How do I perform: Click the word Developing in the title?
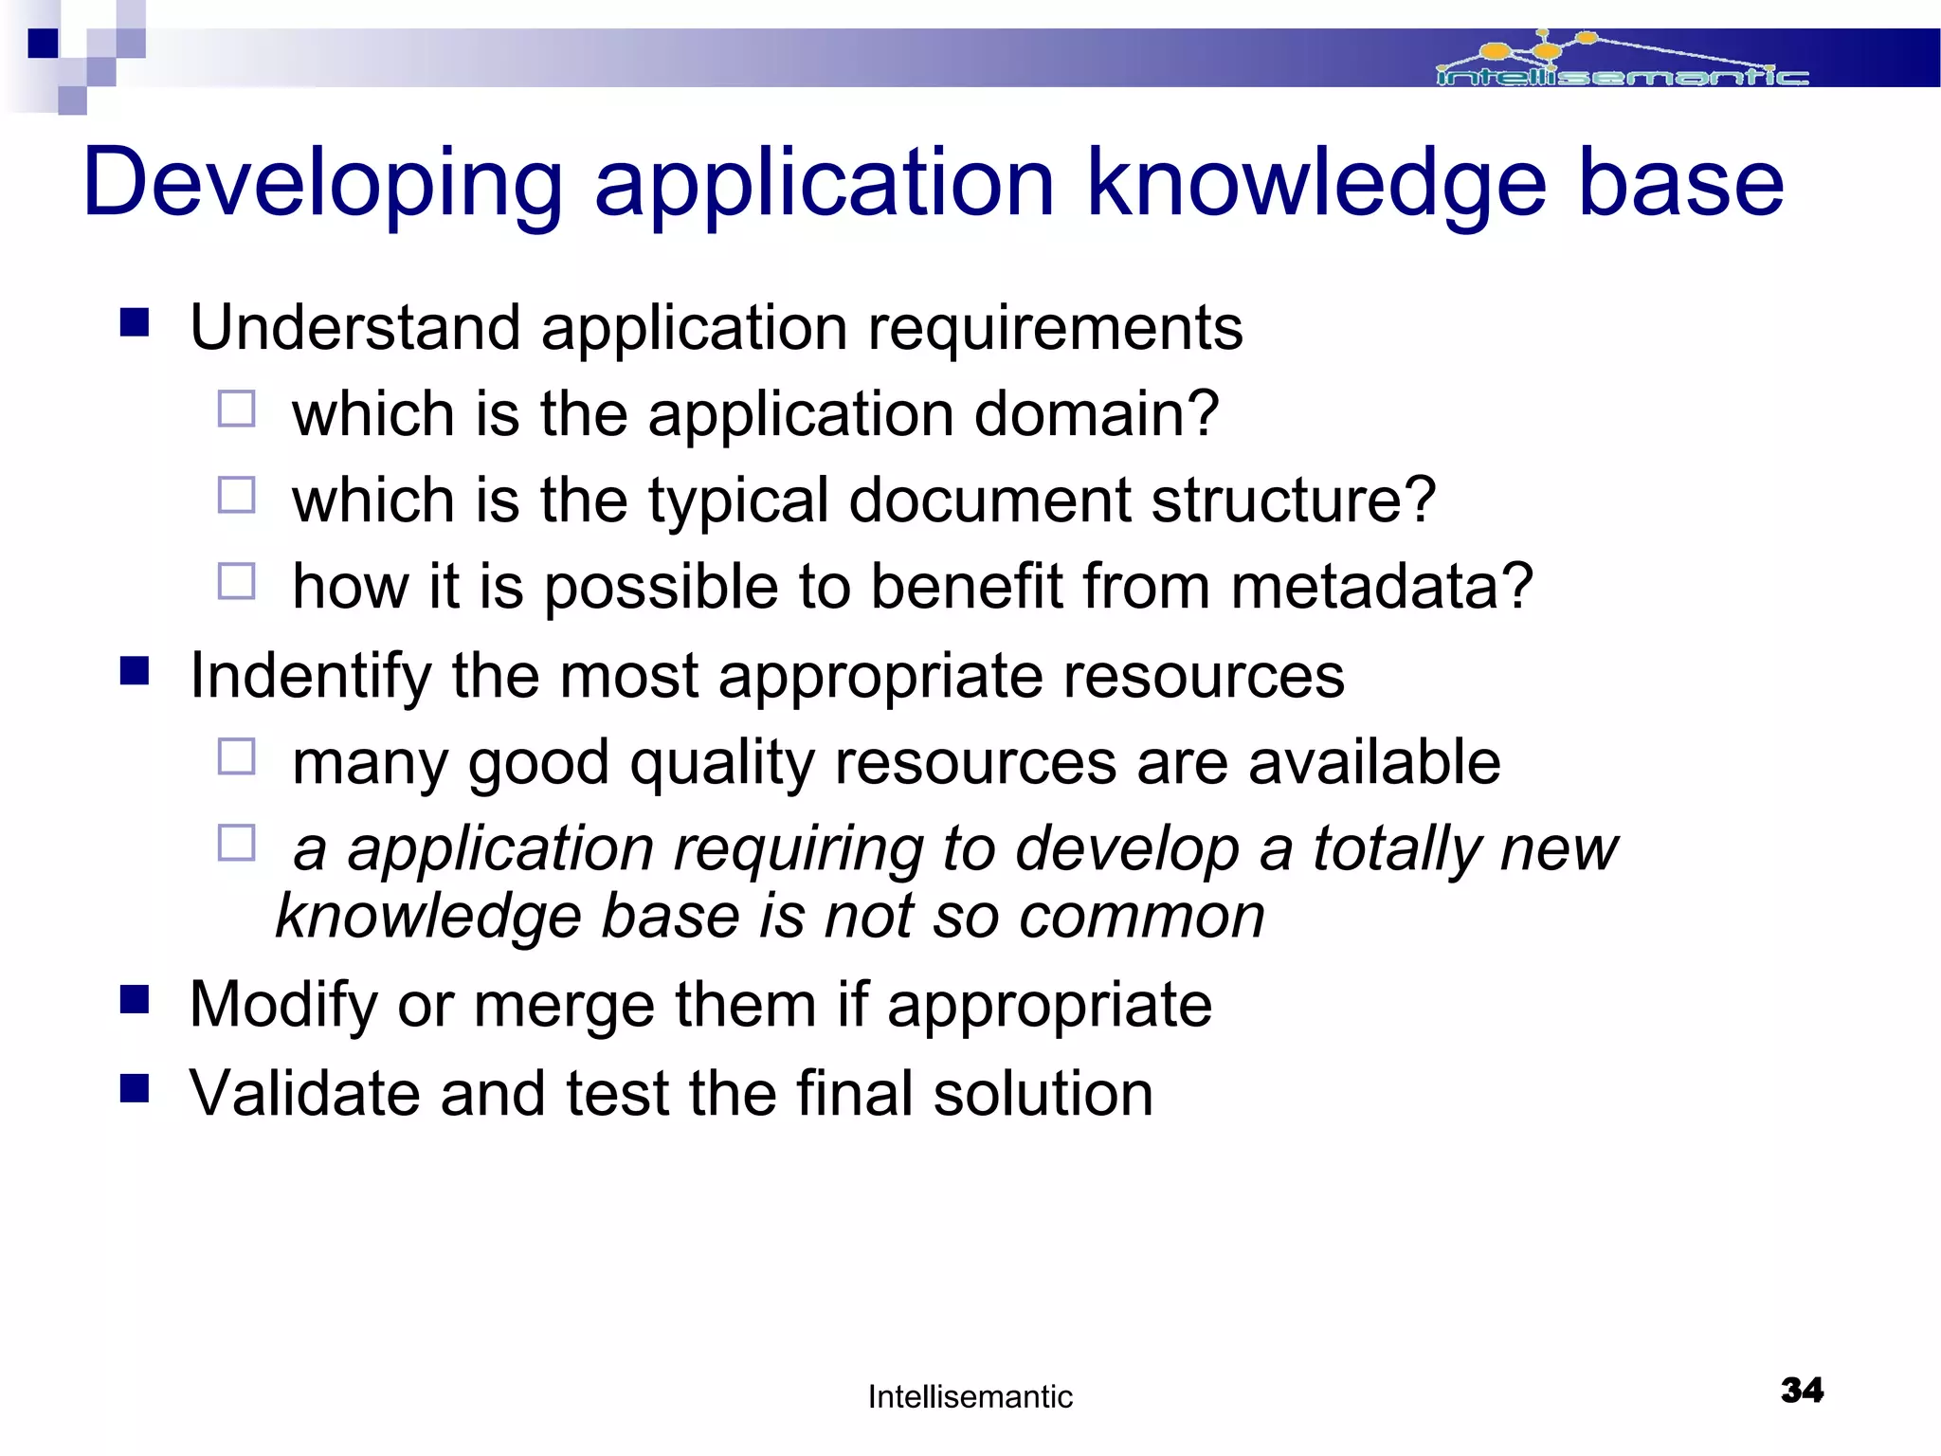[x=322, y=183]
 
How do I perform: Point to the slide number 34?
[x=1802, y=1391]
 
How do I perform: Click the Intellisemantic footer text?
[x=970, y=1396]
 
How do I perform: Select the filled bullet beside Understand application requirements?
[x=135, y=323]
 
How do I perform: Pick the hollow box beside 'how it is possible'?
[x=236, y=581]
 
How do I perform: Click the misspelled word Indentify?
[x=310, y=676]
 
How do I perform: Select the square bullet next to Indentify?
[x=135, y=671]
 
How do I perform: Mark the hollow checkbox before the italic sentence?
[x=236, y=842]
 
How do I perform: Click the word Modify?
[x=283, y=1005]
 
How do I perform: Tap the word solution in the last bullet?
[x=1043, y=1093]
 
